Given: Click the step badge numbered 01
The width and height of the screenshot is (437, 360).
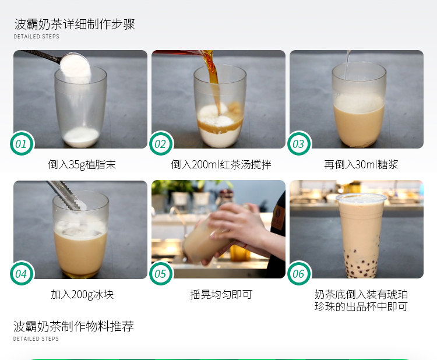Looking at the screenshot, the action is [x=22, y=143].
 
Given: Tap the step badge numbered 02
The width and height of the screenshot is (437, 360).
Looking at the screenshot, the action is [x=161, y=143].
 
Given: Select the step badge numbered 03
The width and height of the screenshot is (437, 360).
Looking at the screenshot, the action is [x=299, y=143].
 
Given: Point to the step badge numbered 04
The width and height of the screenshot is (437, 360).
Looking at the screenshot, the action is [x=22, y=273].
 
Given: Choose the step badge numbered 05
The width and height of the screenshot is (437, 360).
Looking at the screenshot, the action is [x=161, y=273].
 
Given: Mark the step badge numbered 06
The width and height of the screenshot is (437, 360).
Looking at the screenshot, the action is [x=299, y=273].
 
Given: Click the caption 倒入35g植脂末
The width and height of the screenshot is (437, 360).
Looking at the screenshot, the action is [x=82, y=164].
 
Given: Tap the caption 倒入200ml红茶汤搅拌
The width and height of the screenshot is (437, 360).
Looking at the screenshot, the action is [x=221, y=164].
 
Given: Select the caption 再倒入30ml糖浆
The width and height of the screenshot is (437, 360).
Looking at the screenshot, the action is [x=361, y=164].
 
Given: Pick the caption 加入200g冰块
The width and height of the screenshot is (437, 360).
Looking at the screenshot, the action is [x=82, y=294].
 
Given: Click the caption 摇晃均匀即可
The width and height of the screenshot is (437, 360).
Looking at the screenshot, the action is [x=221, y=294].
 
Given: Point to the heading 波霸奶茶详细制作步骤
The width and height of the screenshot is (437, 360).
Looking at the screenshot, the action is [x=75, y=24].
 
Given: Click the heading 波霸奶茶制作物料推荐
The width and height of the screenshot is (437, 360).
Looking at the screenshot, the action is [x=73, y=326].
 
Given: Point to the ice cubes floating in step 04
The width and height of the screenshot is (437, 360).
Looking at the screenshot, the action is [x=81, y=229].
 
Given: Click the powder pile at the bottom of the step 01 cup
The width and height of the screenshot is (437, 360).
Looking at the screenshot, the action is [x=81, y=137].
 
